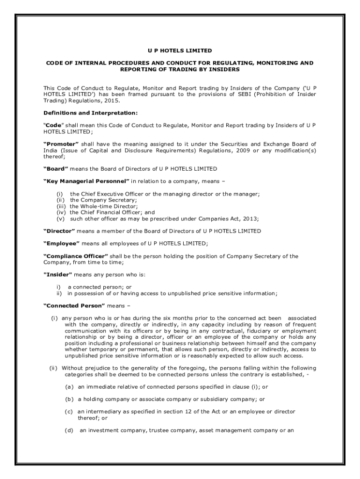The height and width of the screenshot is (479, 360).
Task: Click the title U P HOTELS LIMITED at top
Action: [180, 51]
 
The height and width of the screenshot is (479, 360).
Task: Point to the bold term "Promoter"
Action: [61, 144]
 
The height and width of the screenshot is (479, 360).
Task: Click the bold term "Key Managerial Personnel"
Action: [86, 181]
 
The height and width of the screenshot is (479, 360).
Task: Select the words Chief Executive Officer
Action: [104, 194]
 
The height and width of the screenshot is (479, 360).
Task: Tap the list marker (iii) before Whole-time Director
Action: [61, 206]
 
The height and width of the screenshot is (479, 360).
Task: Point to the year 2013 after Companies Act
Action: [251, 218]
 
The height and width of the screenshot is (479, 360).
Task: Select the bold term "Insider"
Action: [58, 275]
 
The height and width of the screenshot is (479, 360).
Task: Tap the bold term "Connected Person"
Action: [74, 305]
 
